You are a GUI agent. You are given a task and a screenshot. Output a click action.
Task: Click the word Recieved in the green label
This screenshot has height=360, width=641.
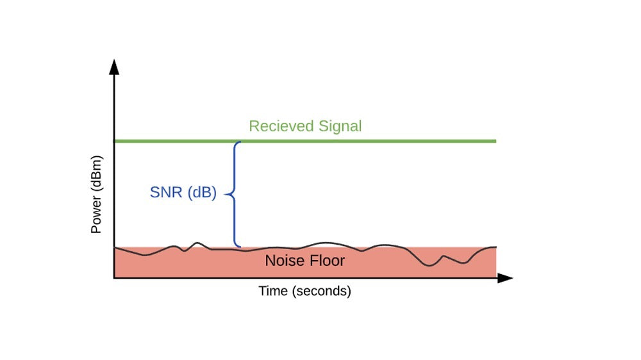point(278,126)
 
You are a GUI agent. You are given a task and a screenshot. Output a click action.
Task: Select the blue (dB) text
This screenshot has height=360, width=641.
point(201,192)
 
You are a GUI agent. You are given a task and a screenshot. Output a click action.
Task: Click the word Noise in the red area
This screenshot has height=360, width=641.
point(283,261)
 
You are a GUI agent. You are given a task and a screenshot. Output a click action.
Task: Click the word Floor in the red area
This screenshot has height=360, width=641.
point(326,261)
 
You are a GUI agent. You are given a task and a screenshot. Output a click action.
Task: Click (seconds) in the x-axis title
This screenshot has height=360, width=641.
point(320,291)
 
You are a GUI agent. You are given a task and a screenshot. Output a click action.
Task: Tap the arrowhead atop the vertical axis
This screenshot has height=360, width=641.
point(114,65)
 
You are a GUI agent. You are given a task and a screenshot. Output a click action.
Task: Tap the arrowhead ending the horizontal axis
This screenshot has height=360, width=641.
point(506,278)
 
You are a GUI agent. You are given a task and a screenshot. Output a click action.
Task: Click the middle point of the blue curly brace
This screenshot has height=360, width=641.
point(229,193)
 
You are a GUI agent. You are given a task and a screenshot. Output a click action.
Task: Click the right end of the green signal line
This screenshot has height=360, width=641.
point(495,141)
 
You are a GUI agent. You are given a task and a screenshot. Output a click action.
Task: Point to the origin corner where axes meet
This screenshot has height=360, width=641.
point(114,278)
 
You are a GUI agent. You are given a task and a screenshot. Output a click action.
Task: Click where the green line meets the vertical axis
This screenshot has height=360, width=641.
point(114,141)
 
